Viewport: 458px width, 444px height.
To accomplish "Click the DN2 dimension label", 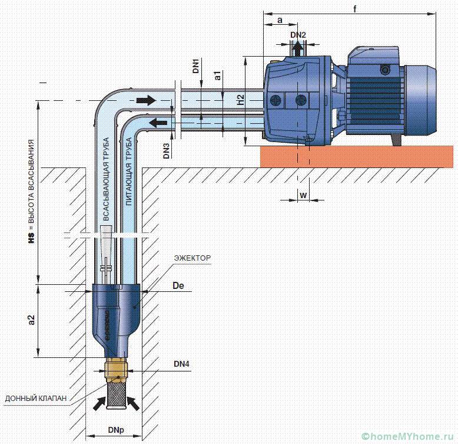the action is (x=298, y=35).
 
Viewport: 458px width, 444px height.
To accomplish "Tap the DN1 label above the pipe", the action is (x=195, y=66).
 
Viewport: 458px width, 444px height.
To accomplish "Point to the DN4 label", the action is (x=181, y=364).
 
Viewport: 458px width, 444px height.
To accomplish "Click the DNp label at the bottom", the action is (x=116, y=430).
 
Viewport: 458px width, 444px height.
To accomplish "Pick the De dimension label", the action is (x=178, y=285).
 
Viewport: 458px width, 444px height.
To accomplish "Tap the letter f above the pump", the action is (x=355, y=9).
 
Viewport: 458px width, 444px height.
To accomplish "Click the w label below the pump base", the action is (x=304, y=195).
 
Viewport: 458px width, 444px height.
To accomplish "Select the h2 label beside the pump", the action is (x=240, y=100).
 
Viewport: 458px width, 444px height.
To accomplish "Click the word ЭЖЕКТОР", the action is (x=192, y=258).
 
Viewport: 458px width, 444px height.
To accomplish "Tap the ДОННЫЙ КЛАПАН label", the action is (x=36, y=398).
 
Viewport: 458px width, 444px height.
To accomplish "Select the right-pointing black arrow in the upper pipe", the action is (x=146, y=100).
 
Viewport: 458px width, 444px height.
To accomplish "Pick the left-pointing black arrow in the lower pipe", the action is (x=158, y=123).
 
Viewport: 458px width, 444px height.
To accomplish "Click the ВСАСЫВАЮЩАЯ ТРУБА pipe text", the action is (x=107, y=179).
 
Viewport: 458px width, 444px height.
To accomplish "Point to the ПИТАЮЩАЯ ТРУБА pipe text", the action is (x=129, y=172).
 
